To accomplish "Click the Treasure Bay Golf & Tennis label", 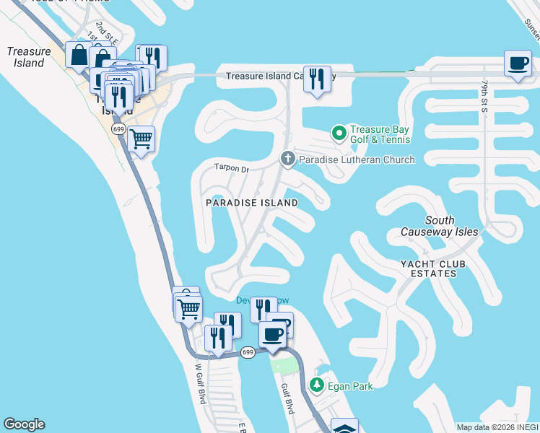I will click(380, 134).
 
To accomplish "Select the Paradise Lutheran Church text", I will click(357, 159).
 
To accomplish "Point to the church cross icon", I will click(287, 159).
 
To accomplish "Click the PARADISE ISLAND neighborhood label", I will click(252, 204).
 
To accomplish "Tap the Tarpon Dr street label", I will click(231, 169).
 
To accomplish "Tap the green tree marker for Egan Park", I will click(316, 385).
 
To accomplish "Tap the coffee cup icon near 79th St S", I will click(518, 63).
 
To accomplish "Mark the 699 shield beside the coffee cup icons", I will click(248, 352).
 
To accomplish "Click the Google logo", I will click(24, 424).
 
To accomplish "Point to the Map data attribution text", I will click(497, 427).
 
